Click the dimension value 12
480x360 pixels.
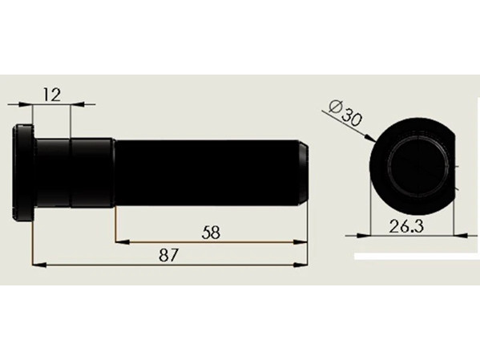(52, 95)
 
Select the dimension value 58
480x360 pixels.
(211, 233)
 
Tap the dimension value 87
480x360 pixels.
(168, 255)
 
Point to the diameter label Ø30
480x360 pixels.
(345, 113)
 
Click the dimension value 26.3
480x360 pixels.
(406, 227)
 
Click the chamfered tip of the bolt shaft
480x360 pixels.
(303, 173)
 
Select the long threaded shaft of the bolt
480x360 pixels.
(212, 173)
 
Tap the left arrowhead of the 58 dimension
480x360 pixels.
(123, 242)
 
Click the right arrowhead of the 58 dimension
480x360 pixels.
(301, 242)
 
